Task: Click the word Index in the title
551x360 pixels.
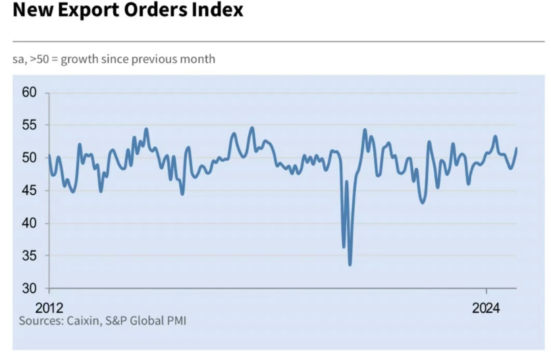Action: point(219,11)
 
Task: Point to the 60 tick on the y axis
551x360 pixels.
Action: point(30,93)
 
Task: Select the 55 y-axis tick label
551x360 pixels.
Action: point(30,125)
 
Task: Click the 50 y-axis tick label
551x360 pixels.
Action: point(30,158)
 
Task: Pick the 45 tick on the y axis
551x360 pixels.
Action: point(30,191)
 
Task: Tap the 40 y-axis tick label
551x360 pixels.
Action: point(30,224)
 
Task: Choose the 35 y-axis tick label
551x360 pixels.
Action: point(30,256)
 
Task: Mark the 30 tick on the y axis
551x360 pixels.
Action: point(30,288)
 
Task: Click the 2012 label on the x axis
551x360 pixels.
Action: point(49,307)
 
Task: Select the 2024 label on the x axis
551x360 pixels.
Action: point(486,307)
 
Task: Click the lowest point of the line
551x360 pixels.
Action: point(350,265)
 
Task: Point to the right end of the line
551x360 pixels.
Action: point(516,148)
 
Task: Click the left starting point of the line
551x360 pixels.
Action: point(49,156)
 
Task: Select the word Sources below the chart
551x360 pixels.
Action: point(40,321)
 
